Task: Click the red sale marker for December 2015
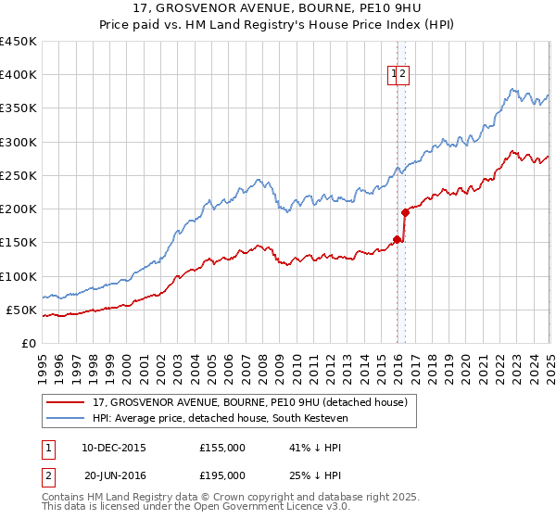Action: (x=397, y=239)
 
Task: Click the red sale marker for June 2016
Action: (x=405, y=212)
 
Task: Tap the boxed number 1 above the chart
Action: (x=394, y=75)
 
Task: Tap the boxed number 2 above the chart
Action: (x=404, y=75)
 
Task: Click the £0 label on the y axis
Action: (x=28, y=344)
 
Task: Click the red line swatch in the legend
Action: (x=66, y=403)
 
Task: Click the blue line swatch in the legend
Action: (x=66, y=420)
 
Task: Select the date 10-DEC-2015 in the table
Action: (x=114, y=448)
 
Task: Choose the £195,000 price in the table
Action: (x=222, y=475)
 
